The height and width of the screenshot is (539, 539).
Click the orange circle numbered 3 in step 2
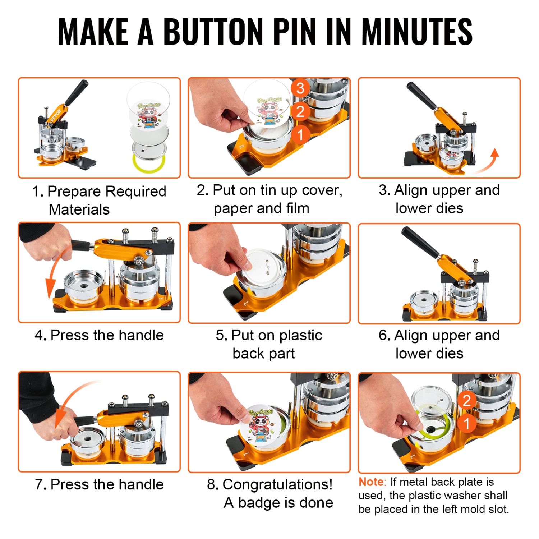tap(300, 88)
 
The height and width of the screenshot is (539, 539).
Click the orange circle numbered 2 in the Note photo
tap(466, 400)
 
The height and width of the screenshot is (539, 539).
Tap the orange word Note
tap(371, 482)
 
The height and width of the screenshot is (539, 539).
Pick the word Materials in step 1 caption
tap(79, 209)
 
